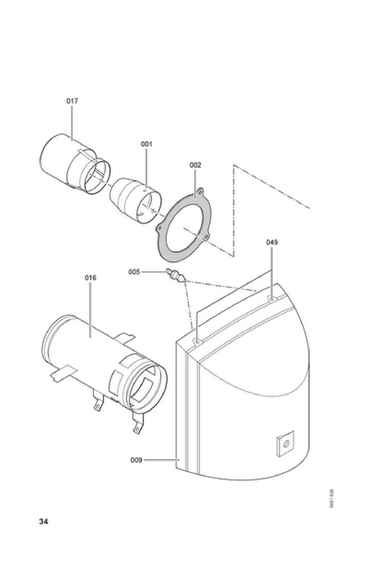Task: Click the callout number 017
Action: coord(72,101)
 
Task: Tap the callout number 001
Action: coord(146,144)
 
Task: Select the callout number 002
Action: coord(195,165)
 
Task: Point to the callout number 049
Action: coord(272,242)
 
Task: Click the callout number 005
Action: coord(134,272)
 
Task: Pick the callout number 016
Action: coord(91,278)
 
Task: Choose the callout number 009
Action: coord(136,460)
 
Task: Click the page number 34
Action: coord(44,522)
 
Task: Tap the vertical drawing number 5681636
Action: coord(331,499)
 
